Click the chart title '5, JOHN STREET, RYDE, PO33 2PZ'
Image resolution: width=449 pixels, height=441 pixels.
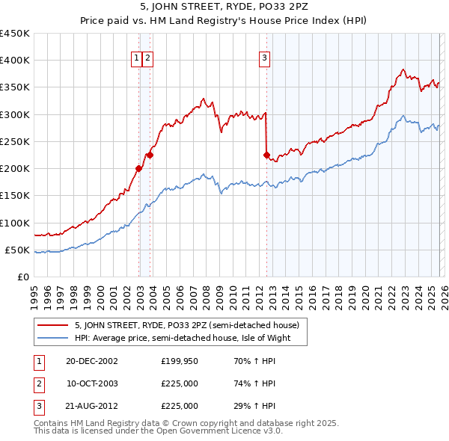(224, 7)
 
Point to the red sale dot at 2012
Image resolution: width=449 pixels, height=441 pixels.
(266, 155)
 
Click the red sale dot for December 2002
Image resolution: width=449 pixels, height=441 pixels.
(139, 168)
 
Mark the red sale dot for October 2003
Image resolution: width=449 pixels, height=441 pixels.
(150, 155)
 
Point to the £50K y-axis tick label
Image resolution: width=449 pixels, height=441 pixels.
(18, 250)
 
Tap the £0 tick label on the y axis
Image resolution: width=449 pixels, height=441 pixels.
(23, 277)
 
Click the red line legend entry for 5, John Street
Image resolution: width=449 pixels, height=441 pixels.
(186, 325)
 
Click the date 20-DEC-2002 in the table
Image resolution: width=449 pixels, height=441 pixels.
(91, 361)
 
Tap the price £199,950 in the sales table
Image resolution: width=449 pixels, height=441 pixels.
(180, 361)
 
